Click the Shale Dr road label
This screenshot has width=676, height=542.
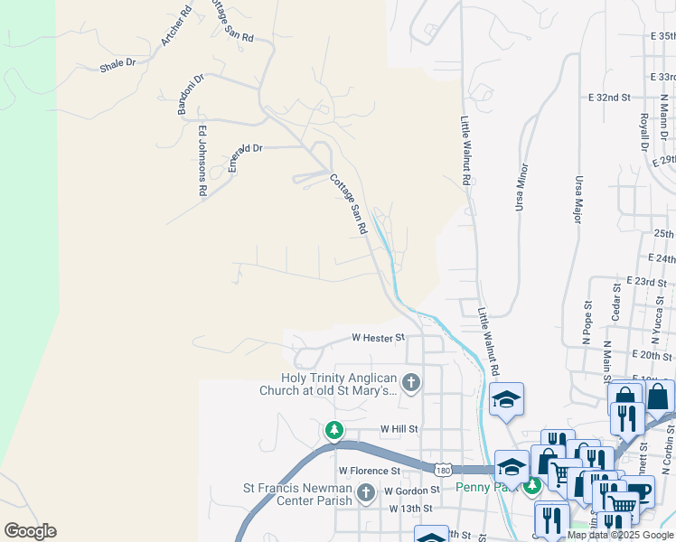pos(117,64)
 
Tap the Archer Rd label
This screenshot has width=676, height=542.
pos(176,26)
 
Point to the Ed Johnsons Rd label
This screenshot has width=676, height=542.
pos(202,162)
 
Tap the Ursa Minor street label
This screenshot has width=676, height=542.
pos(521,187)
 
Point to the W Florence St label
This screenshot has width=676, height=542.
pos(369,471)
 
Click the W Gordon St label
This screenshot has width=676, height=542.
pos(410,491)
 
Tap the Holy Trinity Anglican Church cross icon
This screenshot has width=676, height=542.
pos(411,383)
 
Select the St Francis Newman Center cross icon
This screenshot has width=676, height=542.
pos(366,493)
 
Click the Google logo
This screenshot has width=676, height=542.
pos(30,531)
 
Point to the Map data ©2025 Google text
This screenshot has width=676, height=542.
pos(620,535)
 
